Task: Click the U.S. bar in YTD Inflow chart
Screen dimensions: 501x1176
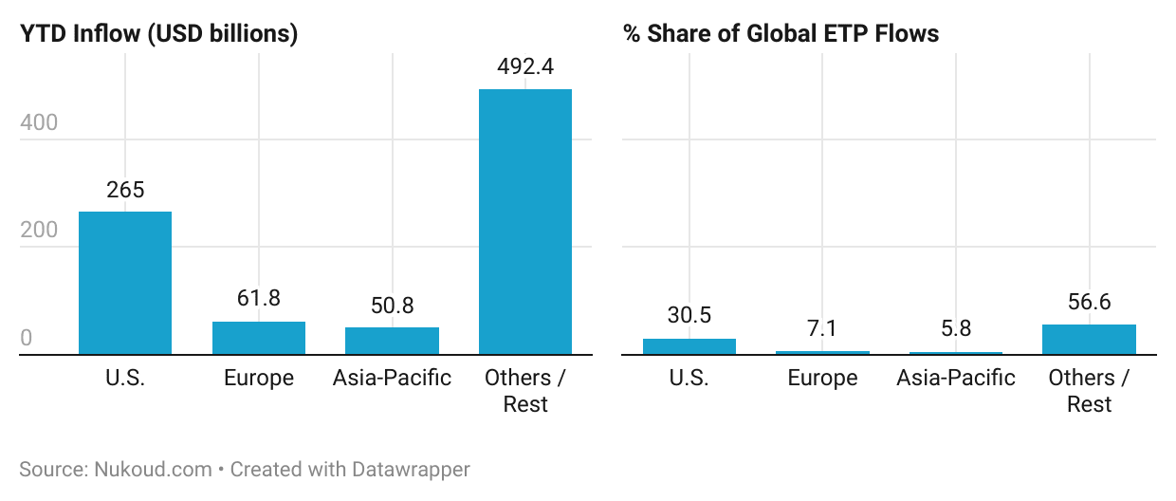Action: click(x=125, y=283)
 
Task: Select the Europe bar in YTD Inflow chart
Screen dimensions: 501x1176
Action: click(x=259, y=338)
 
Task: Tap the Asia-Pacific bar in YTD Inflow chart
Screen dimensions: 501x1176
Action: click(x=392, y=341)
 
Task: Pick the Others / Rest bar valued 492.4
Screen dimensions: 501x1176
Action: click(x=525, y=222)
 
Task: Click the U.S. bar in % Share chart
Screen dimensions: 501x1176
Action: click(x=689, y=346)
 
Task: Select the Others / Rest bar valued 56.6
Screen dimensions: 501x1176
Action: click(x=1089, y=340)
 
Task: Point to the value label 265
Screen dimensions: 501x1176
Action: click(x=125, y=190)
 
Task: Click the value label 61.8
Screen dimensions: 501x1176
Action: click(x=259, y=299)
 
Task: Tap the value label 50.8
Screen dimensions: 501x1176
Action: click(x=392, y=306)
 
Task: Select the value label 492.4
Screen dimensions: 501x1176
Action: click(x=525, y=67)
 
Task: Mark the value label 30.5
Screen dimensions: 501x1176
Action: click(x=689, y=316)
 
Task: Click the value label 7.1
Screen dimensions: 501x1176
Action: click(x=822, y=328)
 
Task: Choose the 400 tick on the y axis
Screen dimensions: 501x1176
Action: click(x=39, y=122)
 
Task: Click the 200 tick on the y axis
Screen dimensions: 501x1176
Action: click(x=39, y=231)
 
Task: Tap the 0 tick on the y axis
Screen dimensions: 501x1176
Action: click(x=27, y=339)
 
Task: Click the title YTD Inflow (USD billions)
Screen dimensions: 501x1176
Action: click(x=159, y=34)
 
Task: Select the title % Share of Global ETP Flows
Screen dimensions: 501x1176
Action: click(x=781, y=34)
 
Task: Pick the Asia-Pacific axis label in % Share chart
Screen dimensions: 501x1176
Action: click(x=956, y=378)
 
